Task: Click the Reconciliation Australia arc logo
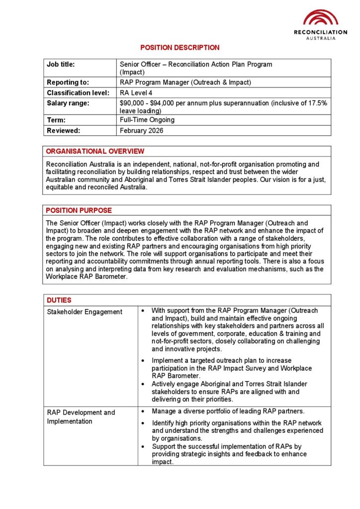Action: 321,17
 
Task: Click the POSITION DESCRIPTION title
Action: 180,48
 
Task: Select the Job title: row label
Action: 61,64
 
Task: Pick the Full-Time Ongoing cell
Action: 147,120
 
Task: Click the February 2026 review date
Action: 142,131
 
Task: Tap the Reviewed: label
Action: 63,131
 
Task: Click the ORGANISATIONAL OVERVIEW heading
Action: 95,152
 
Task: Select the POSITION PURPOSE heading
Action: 79,210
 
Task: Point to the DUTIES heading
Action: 59,300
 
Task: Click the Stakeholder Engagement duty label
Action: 85,312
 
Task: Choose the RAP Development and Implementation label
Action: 81,417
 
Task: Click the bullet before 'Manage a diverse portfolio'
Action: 143,412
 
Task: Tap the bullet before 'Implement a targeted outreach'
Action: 143,360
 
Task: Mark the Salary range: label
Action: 68,103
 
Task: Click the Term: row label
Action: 56,120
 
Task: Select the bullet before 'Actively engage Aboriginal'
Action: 143,384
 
